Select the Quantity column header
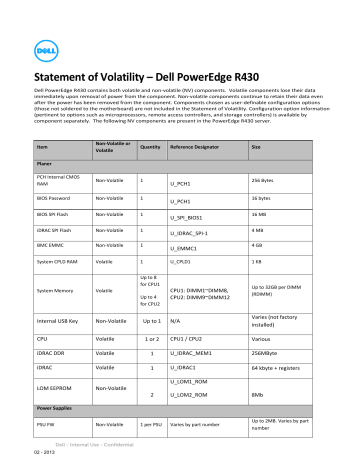tap(151, 147)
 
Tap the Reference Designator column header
tap(199, 147)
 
